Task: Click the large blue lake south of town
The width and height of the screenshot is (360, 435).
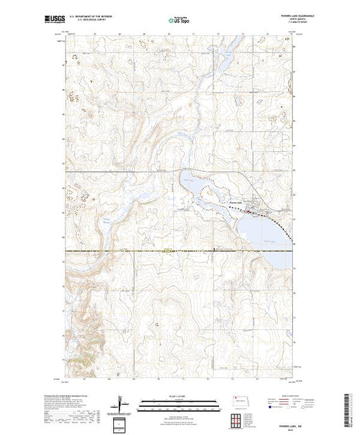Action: [x=266, y=235]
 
